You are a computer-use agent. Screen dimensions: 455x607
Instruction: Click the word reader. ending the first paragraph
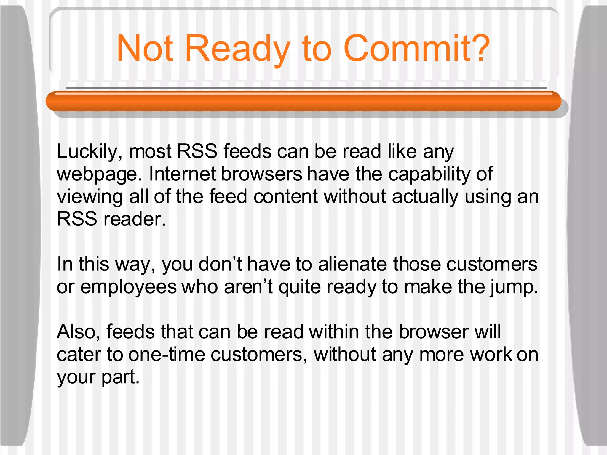point(135,220)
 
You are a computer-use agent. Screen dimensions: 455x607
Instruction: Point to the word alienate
point(352,264)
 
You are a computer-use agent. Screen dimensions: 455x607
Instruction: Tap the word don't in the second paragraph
point(220,264)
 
